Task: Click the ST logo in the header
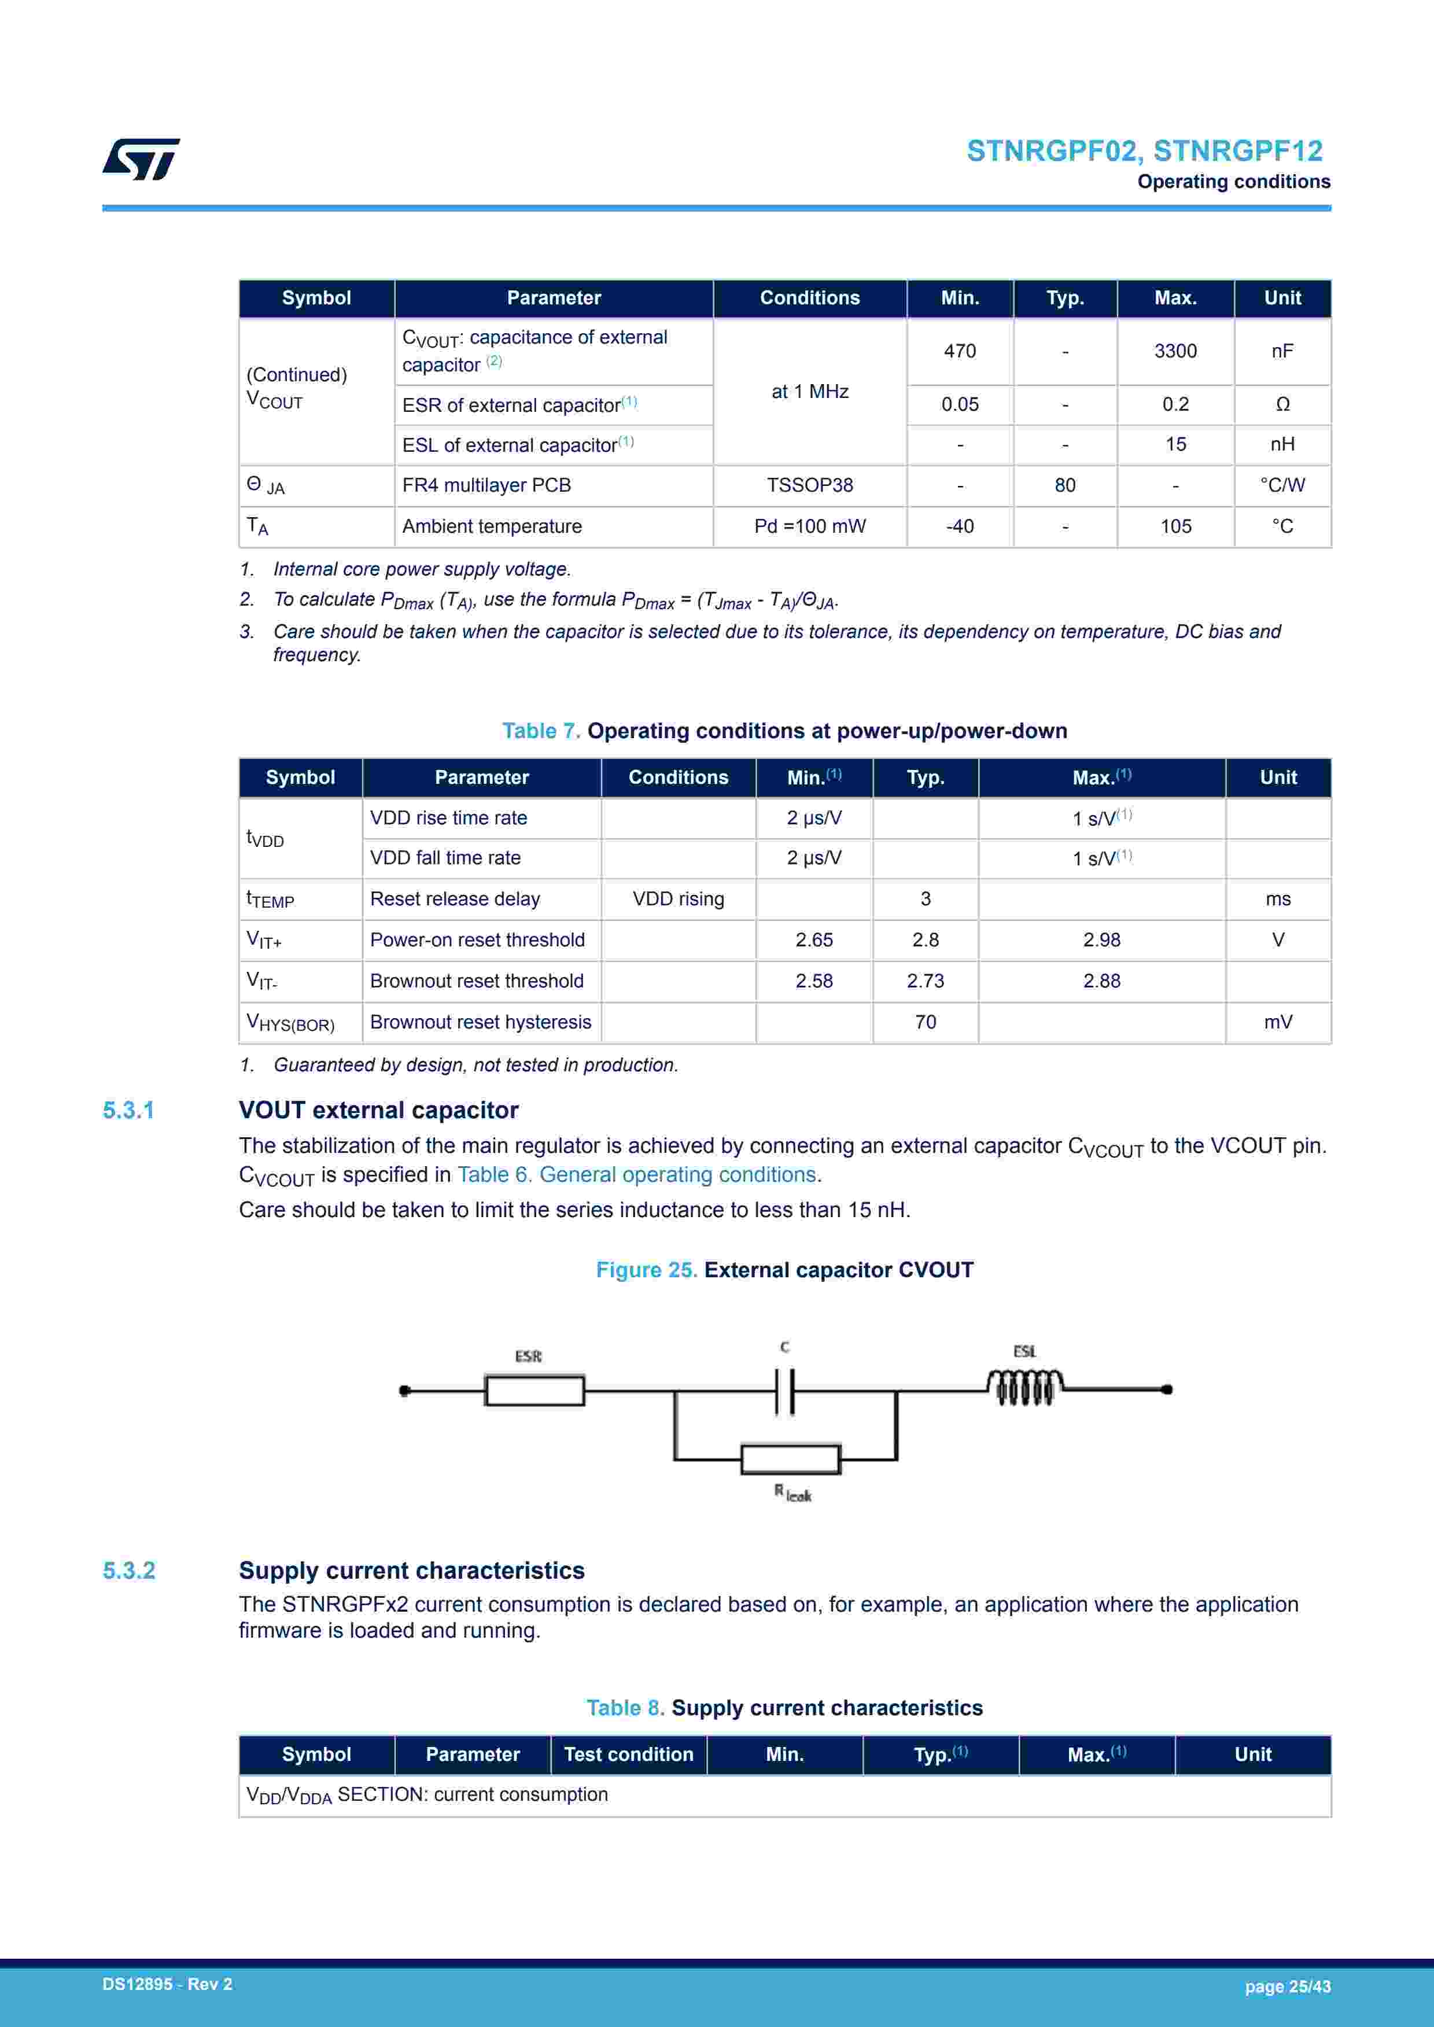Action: [x=141, y=159]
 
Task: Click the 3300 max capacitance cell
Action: [x=1175, y=351]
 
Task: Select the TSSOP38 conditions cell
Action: [x=810, y=485]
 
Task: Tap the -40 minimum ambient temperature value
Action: [x=960, y=526]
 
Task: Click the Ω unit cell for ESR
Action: [x=1282, y=404]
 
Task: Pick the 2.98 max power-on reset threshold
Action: [x=1101, y=940]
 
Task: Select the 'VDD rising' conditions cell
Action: [x=678, y=899]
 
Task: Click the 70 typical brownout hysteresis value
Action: [x=926, y=1022]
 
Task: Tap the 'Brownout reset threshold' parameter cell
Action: [x=477, y=981]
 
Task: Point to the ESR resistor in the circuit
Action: [x=535, y=1391]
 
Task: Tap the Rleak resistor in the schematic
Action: [x=790, y=1460]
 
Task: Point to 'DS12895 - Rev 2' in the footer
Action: [x=167, y=1985]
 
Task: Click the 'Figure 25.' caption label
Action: [x=646, y=1270]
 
